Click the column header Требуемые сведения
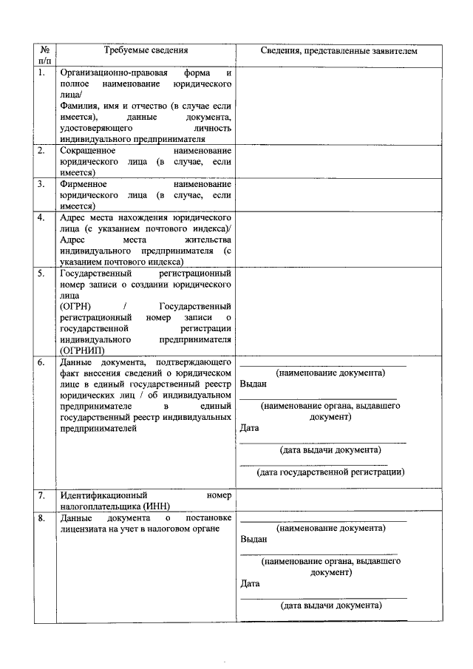(146, 51)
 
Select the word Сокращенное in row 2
(87, 150)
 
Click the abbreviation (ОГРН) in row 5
(76, 306)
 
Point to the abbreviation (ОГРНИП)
(82, 350)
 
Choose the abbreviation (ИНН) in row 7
(158, 506)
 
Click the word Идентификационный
(103, 495)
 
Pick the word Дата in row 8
(251, 583)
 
